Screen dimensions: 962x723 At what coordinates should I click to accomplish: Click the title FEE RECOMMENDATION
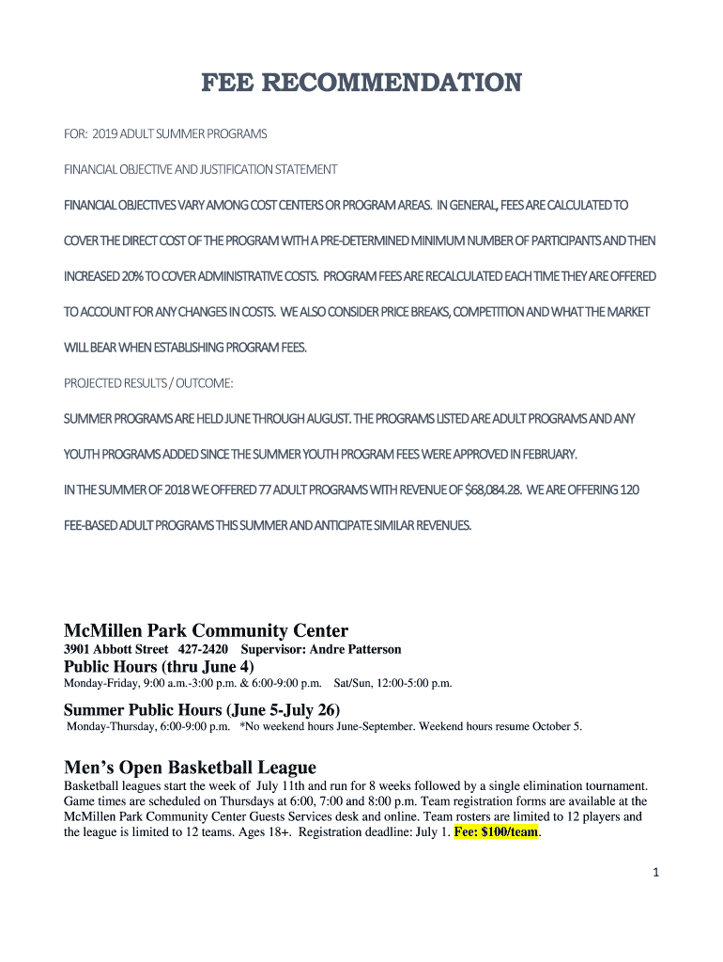tap(361, 84)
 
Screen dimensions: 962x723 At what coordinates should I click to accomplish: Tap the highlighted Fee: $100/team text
tap(497, 831)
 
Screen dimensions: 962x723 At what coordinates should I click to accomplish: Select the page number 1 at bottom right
tap(657, 873)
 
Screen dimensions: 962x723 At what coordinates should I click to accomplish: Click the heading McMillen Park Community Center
tap(206, 630)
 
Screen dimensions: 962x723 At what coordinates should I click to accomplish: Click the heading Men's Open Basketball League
tap(190, 767)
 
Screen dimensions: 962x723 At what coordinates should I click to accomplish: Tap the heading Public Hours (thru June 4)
tap(159, 666)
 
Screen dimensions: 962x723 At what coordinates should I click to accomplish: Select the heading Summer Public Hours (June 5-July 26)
tap(201, 708)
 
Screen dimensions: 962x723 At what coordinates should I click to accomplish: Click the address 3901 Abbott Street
tap(116, 649)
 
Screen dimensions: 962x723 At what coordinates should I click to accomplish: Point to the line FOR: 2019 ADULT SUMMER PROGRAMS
tap(165, 134)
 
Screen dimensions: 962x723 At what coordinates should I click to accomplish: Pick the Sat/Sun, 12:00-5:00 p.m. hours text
tap(393, 683)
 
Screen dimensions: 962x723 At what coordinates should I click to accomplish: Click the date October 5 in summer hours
tap(556, 725)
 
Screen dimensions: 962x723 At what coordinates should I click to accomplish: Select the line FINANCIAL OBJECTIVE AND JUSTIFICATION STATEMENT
tap(200, 170)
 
